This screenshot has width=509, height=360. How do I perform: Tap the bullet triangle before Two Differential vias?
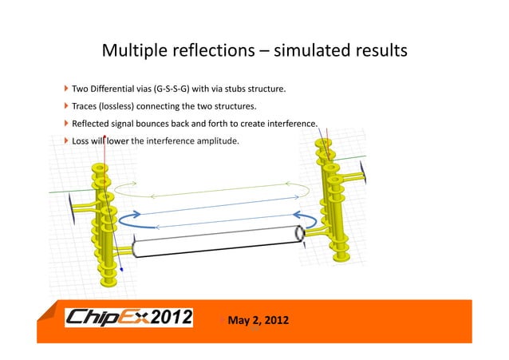pos(66,87)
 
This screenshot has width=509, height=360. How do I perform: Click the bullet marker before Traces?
pos(66,105)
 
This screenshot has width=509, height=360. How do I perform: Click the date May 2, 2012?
pos(258,321)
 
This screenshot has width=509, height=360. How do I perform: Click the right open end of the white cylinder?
pos(298,235)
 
